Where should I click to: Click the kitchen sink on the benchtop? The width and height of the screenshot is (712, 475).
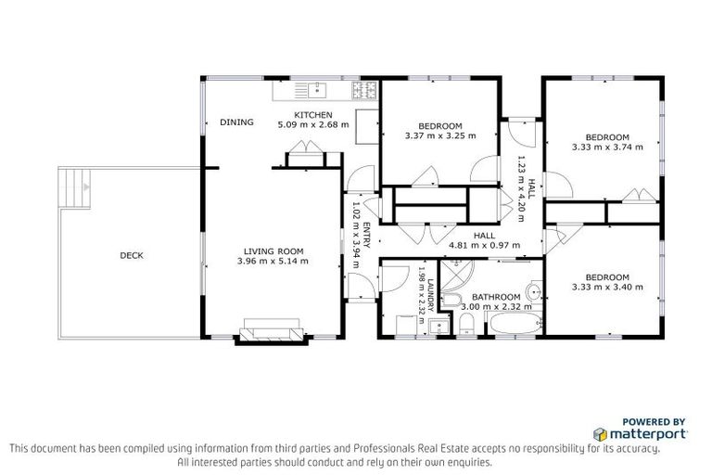click(x=312, y=89)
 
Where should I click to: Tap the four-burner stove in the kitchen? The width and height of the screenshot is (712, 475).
click(x=363, y=90)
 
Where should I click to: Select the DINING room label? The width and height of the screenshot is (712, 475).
click(x=235, y=122)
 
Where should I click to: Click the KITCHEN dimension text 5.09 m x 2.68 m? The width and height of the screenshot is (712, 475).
click(x=313, y=124)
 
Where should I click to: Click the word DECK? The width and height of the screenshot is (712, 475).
click(x=131, y=255)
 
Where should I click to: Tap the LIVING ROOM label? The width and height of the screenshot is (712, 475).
click(x=273, y=251)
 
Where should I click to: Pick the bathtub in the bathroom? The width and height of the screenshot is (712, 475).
click(x=513, y=326)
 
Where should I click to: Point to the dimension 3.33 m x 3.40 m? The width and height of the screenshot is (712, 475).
click(x=607, y=287)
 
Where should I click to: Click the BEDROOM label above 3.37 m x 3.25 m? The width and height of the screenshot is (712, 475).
click(x=439, y=126)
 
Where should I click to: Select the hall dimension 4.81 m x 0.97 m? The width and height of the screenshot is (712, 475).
click(x=484, y=246)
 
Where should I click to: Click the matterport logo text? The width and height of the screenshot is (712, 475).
click(x=647, y=433)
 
